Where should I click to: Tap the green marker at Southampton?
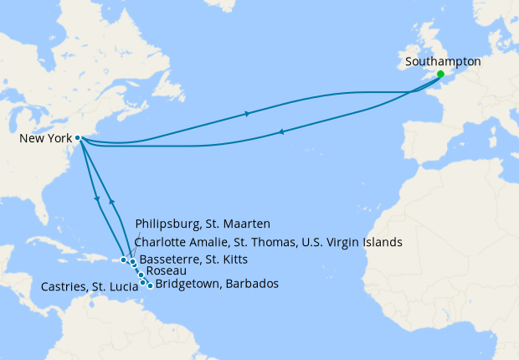[441, 75]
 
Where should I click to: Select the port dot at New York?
[77, 138]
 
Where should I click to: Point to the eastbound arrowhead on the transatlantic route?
[246, 114]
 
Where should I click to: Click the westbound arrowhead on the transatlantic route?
[280, 131]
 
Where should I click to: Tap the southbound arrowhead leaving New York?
[99, 199]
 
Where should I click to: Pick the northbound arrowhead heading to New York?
[110, 203]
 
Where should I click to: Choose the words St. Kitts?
[230, 259]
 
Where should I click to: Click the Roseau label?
[166, 271]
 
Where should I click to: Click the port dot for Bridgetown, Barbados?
[150, 285]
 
